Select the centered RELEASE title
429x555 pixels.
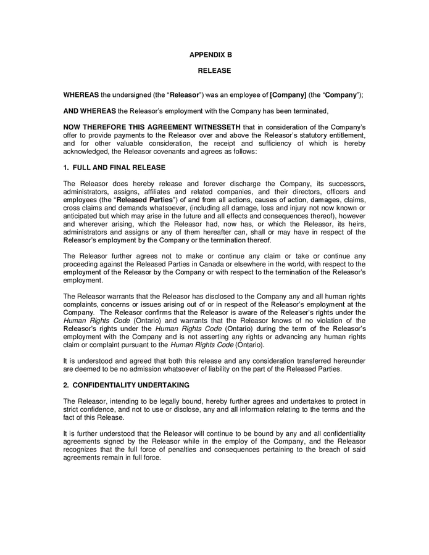tap(214, 71)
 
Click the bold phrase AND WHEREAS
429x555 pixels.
tap(90, 111)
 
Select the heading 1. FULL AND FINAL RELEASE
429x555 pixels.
tap(114, 168)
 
